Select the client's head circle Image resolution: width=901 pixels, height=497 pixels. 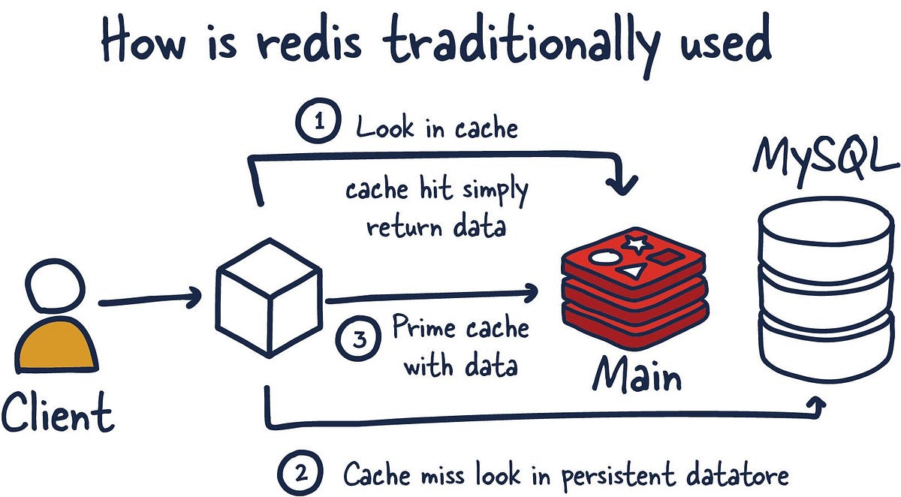click(x=55, y=290)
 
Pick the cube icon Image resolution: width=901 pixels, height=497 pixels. click(x=270, y=297)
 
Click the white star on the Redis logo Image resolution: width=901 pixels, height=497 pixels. click(x=637, y=243)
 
